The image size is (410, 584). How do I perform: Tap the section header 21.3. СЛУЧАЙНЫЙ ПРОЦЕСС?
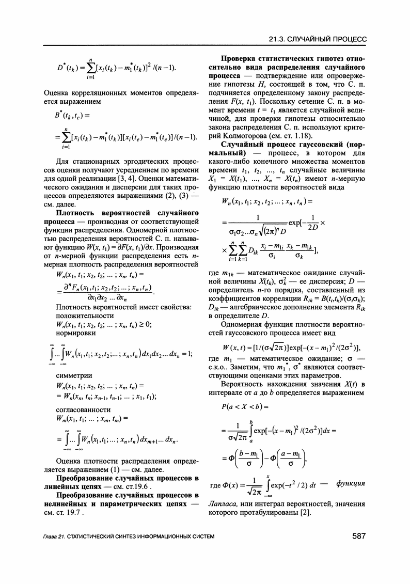point(317,39)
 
